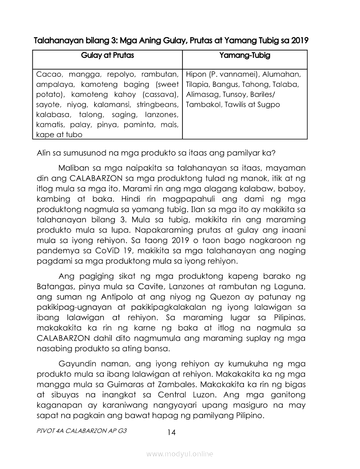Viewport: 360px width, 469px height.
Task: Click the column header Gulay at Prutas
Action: [107, 55]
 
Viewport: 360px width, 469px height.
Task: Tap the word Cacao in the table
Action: [48, 74]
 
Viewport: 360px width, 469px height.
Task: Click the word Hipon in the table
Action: [196, 74]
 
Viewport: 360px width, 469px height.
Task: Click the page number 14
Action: [171, 432]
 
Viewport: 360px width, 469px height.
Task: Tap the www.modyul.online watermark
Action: [180, 454]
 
